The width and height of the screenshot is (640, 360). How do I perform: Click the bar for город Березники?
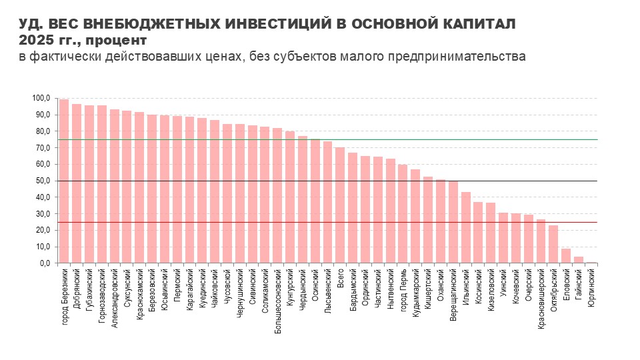click(64, 181)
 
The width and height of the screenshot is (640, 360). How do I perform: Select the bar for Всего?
click(340, 205)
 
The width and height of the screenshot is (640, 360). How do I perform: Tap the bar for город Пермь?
click(403, 214)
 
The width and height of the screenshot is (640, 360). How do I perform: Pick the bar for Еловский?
click(566, 256)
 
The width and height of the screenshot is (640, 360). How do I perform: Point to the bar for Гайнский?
click(579, 260)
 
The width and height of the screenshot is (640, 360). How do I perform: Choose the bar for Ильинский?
click(466, 228)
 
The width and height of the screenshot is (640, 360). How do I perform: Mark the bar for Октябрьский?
click(553, 244)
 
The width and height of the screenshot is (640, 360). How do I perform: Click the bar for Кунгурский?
click(290, 197)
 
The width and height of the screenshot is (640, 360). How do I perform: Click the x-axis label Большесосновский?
click(277, 301)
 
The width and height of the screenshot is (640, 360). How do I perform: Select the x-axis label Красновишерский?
click(541, 299)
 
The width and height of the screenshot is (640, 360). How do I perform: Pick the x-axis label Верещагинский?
click(453, 294)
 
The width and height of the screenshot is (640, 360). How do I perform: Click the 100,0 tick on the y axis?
click(41, 99)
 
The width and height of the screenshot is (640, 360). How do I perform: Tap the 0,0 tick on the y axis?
click(44, 263)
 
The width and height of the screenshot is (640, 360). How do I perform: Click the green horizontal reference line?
click(327, 139)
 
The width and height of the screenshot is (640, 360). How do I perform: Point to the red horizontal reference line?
click(327, 223)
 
